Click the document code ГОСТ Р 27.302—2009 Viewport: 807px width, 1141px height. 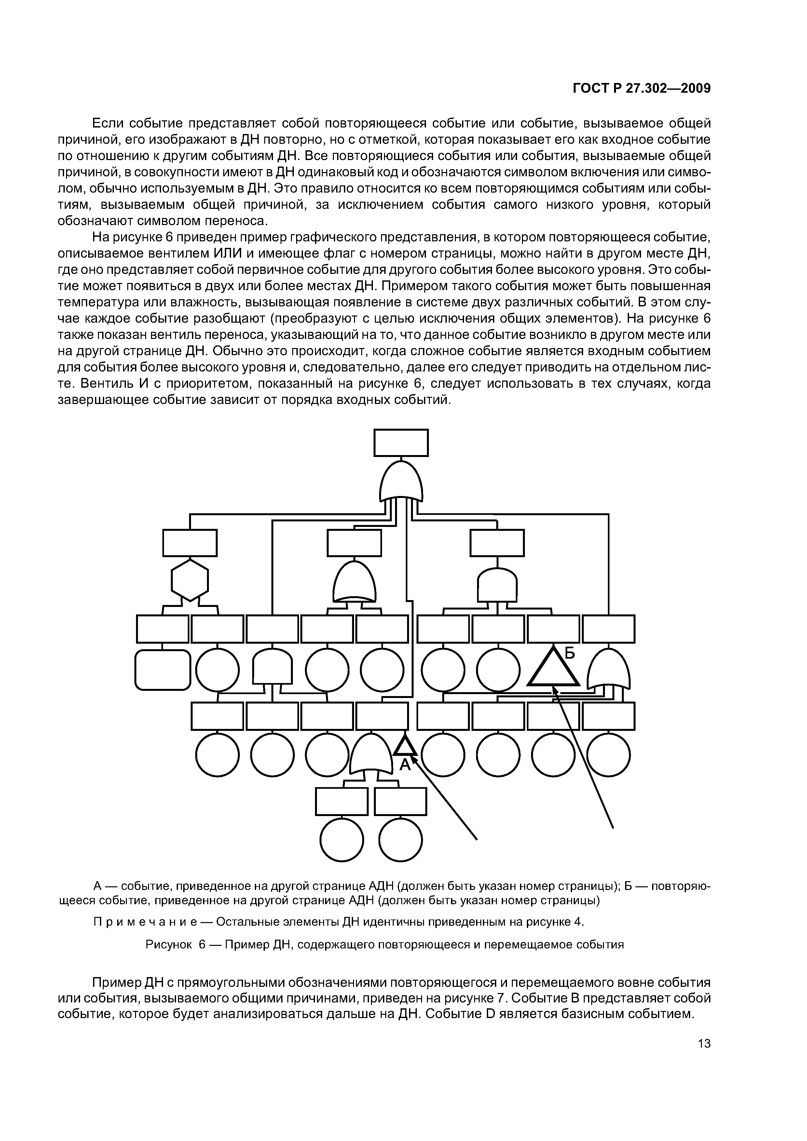(x=641, y=88)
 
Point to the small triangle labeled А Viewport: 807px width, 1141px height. (x=405, y=747)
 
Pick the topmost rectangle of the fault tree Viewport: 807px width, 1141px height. (x=401, y=443)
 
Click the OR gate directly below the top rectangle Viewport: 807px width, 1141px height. (x=401, y=482)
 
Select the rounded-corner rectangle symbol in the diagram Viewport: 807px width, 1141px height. (x=163, y=670)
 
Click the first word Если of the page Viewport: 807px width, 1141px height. (x=107, y=123)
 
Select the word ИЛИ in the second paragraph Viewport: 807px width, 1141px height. (x=228, y=253)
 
